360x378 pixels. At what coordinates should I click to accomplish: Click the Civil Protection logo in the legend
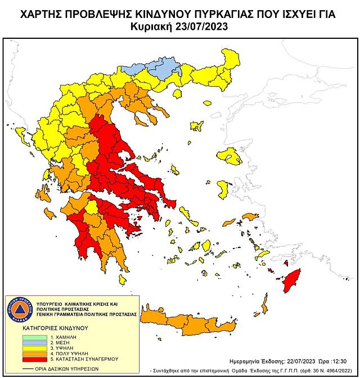click(x=19, y=310)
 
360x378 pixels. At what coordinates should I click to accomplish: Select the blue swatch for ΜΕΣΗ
click(x=26, y=341)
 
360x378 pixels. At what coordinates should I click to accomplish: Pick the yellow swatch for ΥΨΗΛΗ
click(x=26, y=348)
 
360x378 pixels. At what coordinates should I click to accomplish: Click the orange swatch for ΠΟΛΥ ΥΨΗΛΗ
click(x=26, y=355)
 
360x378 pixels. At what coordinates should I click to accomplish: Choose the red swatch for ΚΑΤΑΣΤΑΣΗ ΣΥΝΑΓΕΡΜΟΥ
click(x=26, y=362)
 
